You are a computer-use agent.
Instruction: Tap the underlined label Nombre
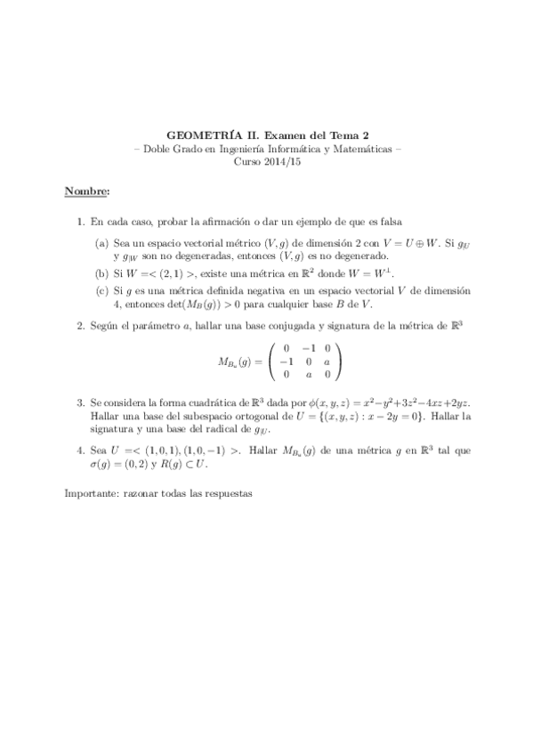point(86,191)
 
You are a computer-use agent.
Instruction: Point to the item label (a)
point(102,242)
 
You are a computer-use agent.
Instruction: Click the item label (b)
point(102,273)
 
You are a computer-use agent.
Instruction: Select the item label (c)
point(102,291)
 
